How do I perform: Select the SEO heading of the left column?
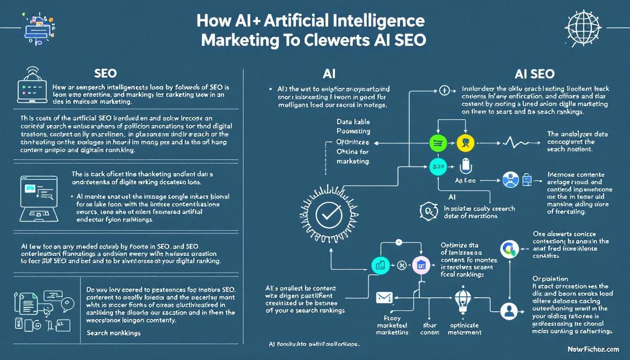click(105, 74)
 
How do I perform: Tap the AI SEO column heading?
click(534, 74)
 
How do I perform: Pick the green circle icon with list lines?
click(437, 143)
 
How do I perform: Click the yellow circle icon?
click(463, 143)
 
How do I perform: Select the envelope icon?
click(384, 298)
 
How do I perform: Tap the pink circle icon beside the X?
click(420, 265)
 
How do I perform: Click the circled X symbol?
click(401, 265)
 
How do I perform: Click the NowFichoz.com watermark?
click(592, 349)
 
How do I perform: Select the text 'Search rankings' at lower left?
click(113, 333)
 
